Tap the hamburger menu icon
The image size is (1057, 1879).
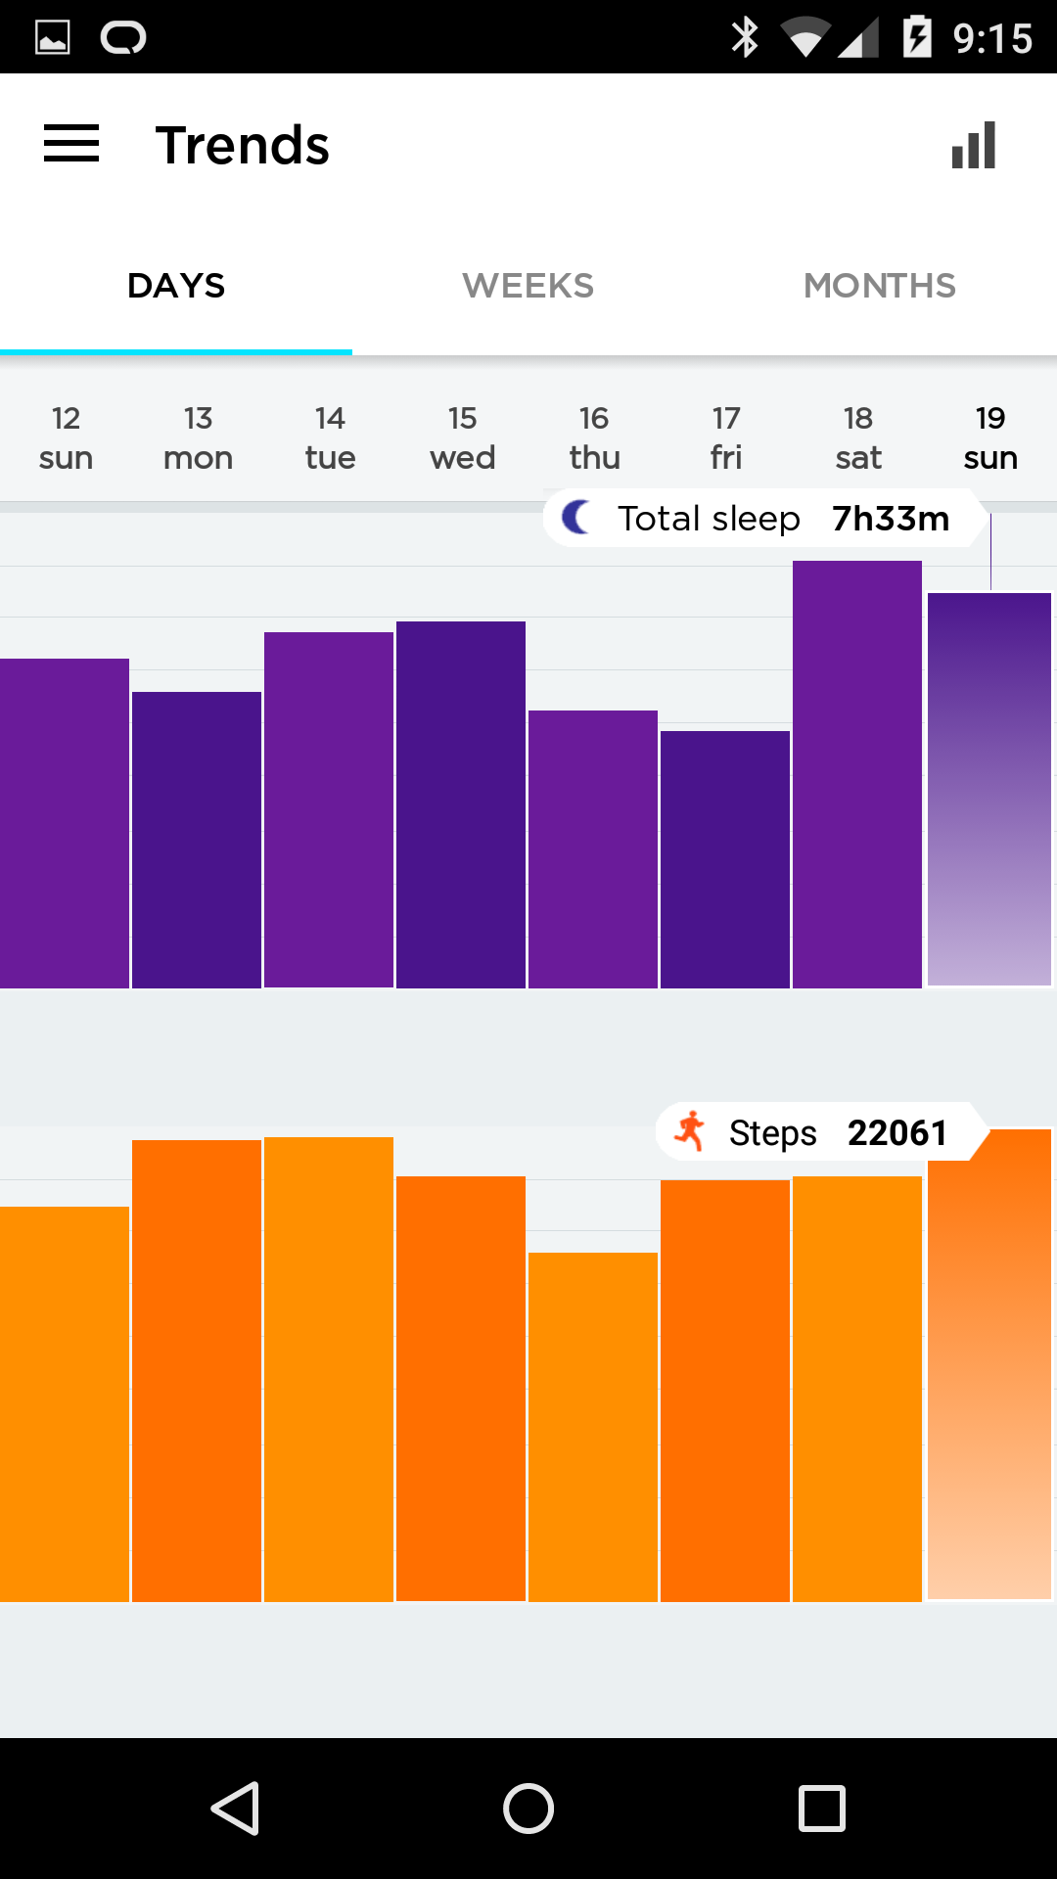[71, 144]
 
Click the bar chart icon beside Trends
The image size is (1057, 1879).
[974, 145]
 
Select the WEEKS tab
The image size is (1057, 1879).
[528, 286]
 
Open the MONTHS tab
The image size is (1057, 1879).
[879, 286]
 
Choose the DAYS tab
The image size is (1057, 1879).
[176, 286]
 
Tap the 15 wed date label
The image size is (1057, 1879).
[462, 437]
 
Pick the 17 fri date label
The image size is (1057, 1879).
[726, 437]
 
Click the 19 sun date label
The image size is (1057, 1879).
[990, 437]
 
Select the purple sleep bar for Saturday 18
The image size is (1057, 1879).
[857, 773]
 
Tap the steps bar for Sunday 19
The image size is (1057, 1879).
[989, 1370]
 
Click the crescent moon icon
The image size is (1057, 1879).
[577, 517]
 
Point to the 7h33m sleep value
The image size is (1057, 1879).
[891, 518]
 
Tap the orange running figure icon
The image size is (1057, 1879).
[691, 1132]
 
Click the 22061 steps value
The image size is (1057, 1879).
[896, 1132]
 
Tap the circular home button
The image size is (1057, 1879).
[528, 1808]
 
